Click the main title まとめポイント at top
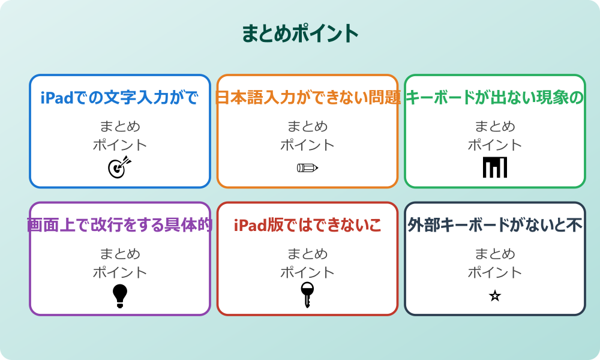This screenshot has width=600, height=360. pyautogui.click(x=300, y=34)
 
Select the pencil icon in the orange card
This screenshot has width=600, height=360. pyautogui.click(x=307, y=167)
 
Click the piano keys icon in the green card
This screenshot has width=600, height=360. pyautogui.click(x=495, y=167)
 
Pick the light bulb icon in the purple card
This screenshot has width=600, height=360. pyautogui.click(x=120, y=296)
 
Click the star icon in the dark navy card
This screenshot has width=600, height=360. pyautogui.click(x=495, y=296)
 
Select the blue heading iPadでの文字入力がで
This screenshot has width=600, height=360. pyautogui.click(x=120, y=97)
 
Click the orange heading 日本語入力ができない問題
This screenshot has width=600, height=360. pyautogui.click(x=307, y=97)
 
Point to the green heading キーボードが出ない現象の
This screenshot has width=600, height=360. pyautogui.click(x=495, y=97)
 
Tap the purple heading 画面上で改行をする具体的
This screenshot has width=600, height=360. pyautogui.click(x=120, y=225)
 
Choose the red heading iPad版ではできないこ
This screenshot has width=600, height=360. pyautogui.click(x=307, y=225)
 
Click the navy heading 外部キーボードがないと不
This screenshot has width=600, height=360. pyautogui.click(x=495, y=225)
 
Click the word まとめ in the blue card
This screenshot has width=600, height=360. pyautogui.click(x=120, y=127)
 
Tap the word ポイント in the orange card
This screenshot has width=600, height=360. pyautogui.click(x=307, y=145)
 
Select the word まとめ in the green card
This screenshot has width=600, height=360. pyautogui.click(x=495, y=127)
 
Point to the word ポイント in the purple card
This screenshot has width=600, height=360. pyautogui.click(x=120, y=272)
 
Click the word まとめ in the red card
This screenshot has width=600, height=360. pyautogui.click(x=307, y=254)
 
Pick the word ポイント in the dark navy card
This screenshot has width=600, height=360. pyautogui.click(x=495, y=272)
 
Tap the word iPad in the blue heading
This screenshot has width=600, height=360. pyautogui.click(x=58, y=97)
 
